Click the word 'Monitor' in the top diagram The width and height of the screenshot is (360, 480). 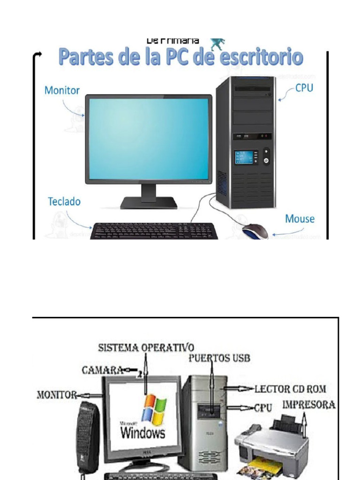(62, 90)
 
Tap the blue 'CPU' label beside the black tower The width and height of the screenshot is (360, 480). (304, 88)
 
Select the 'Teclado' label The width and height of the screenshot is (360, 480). (64, 202)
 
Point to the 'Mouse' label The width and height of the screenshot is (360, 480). (300, 219)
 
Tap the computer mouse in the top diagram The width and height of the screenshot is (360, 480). (255, 232)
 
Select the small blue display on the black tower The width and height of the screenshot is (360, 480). (246, 157)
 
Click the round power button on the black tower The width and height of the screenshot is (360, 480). (266, 161)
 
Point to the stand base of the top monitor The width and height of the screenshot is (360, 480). (149, 203)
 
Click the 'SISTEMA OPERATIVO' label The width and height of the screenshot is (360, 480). (146, 348)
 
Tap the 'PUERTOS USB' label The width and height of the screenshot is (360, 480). (219, 359)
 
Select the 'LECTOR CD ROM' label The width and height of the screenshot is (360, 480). (290, 389)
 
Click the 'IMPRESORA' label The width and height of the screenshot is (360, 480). (309, 405)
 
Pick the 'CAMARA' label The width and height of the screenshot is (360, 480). (103, 370)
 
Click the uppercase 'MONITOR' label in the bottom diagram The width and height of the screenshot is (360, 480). (57, 395)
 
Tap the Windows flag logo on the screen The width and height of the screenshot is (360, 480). (154, 409)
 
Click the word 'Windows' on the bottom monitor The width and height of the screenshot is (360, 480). (143, 431)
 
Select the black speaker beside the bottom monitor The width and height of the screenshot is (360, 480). (88, 436)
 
